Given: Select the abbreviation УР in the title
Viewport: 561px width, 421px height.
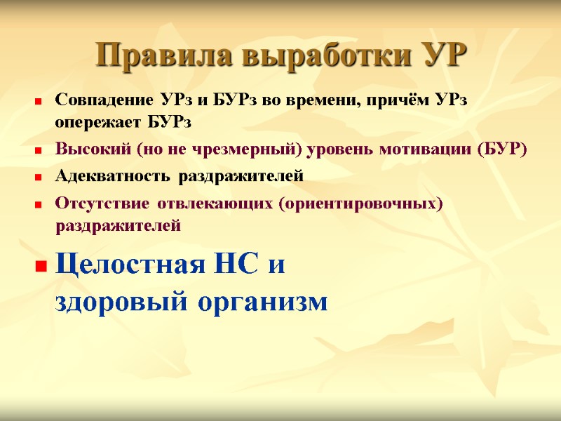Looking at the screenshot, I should click(439, 55).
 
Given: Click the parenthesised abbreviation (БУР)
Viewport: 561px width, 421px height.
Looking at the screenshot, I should click(500, 150).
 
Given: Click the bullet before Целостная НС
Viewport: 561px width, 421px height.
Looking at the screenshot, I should click(41, 267).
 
